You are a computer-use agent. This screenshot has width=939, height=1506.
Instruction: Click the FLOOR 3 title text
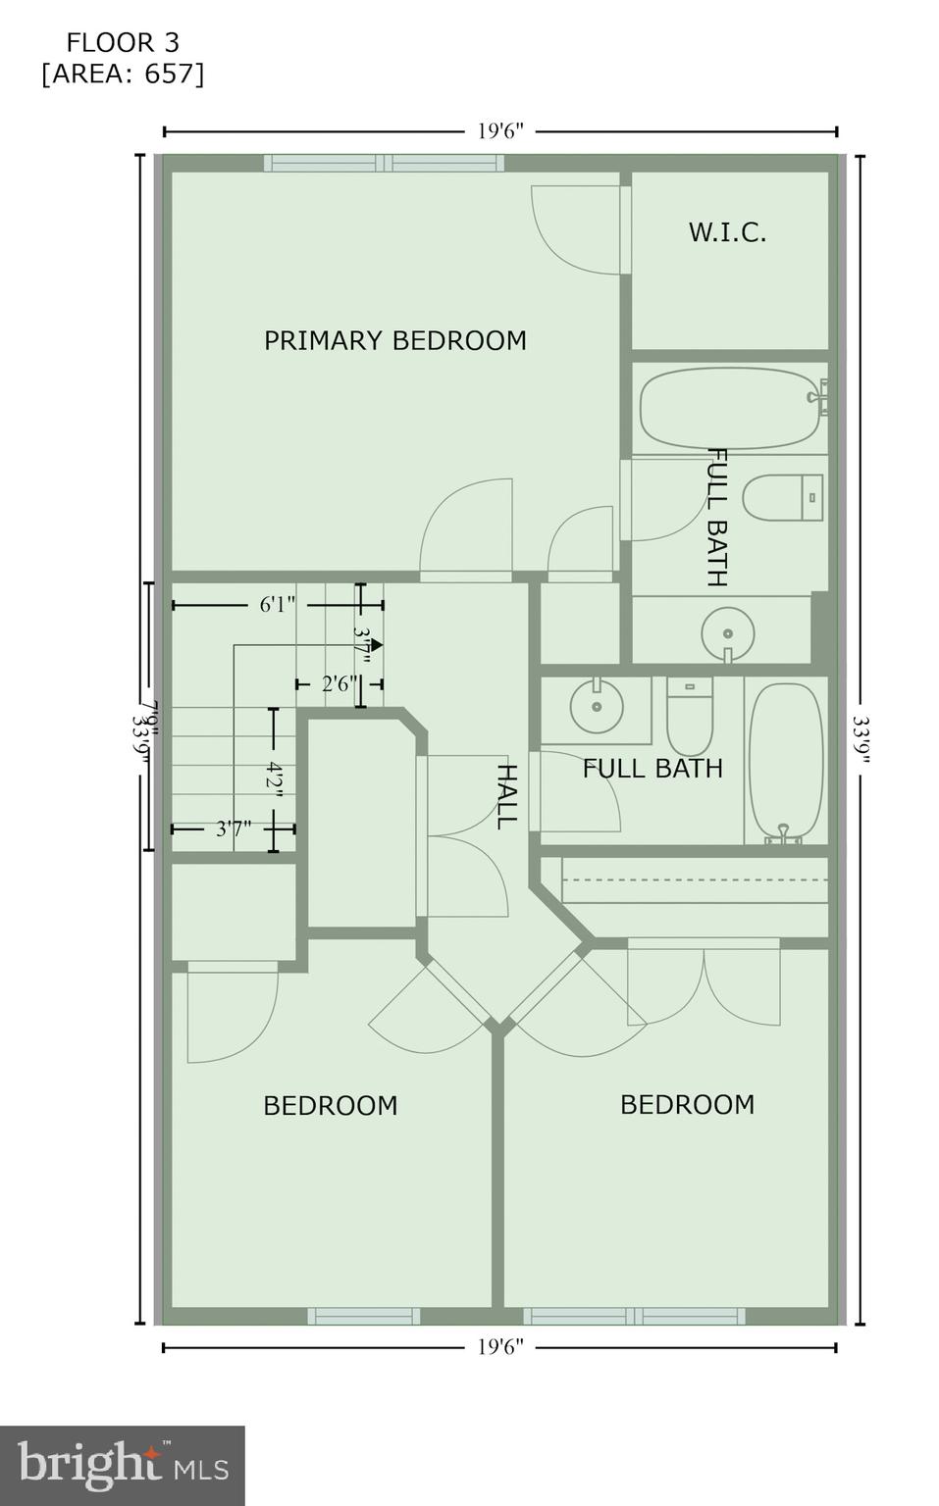[x=123, y=43]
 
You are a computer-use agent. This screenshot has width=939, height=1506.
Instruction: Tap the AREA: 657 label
[x=123, y=75]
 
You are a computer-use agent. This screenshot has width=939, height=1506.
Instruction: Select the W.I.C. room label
[x=727, y=233]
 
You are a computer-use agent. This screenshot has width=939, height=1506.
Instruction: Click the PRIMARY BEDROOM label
[x=395, y=341]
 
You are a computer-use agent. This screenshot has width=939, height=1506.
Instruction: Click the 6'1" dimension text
[x=277, y=605]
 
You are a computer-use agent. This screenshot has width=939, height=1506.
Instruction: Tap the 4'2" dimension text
[x=274, y=781]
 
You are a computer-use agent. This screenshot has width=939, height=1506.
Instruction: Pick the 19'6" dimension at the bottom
[x=500, y=1347]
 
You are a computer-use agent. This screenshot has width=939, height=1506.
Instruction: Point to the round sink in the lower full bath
[x=597, y=705]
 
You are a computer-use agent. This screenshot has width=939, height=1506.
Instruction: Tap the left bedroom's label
[x=330, y=1106]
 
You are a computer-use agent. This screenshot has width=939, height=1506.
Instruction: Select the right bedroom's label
[x=687, y=1105]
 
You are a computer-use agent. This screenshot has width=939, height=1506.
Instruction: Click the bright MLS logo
[x=123, y=1465]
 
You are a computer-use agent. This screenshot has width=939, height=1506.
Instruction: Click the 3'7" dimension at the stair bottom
[x=234, y=829]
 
